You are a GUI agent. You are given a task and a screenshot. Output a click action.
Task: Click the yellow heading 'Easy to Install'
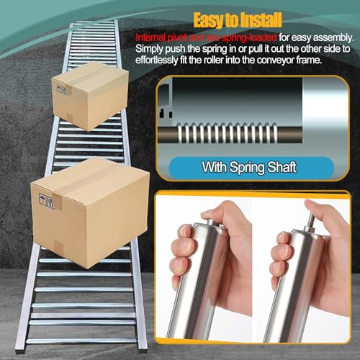click(238, 20)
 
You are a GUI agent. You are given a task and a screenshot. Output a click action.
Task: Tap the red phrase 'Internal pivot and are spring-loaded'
click(206, 37)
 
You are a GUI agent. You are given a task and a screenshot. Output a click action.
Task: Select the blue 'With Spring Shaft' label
click(251, 167)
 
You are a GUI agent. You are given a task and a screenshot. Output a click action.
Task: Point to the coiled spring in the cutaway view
click(227, 133)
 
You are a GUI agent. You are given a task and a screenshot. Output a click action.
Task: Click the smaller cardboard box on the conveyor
click(90, 96)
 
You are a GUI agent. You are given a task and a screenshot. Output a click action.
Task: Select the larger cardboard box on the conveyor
click(90, 212)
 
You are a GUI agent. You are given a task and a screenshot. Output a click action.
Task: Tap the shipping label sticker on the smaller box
click(62, 89)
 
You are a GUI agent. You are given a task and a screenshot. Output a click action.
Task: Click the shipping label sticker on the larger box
click(47, 201)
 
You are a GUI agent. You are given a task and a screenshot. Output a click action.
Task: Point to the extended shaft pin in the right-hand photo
click(310, 221)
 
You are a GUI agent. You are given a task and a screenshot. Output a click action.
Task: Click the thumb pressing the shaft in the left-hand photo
click(220, 210)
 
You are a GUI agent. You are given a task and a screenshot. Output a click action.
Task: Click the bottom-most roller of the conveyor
click(81, 341)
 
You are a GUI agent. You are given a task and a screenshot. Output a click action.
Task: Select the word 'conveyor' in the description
click(276, 60)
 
